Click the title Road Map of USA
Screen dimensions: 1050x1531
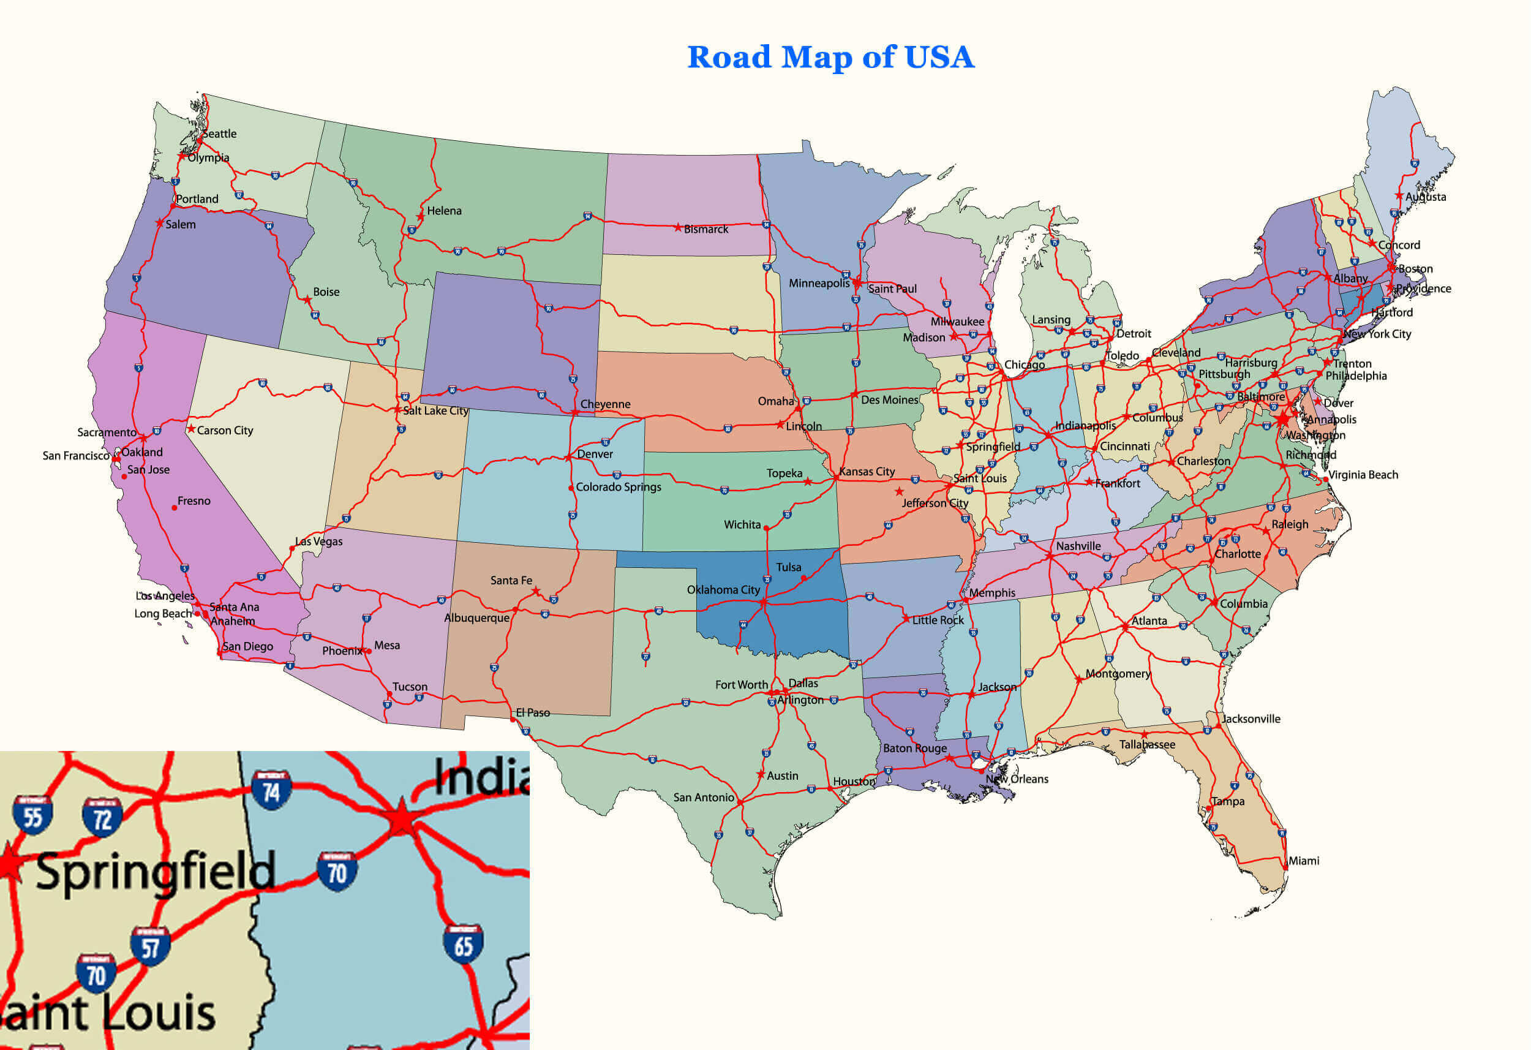click(x=830, y=58)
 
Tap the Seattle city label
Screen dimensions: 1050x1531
click(x=219, y=134)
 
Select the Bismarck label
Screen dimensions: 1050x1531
click(x=705, y=229)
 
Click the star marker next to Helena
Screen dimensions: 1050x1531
click(x=420, y=217)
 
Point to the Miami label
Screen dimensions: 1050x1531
click(x=1304, y=861)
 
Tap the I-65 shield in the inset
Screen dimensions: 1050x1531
click(x=463, y=944)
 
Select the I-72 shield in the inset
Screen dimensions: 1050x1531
click(x=102, y=817)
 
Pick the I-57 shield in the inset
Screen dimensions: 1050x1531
click(x=150, y=946)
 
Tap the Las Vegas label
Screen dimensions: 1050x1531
click(x=319, y=542)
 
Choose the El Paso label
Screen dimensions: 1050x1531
click(x=532, y=712)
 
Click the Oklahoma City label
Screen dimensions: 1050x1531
click(x=723, y=590)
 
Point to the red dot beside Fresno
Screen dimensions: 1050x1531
click(x=174, y=507)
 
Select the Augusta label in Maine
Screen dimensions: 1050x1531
click(x=1426, y=197)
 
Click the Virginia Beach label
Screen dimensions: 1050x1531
click(x=1363, y=475)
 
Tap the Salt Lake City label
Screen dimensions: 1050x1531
click(x=435, y=410)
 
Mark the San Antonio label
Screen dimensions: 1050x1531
click(x=704, y=798)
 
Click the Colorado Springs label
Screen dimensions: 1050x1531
click(x=618, y=487)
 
